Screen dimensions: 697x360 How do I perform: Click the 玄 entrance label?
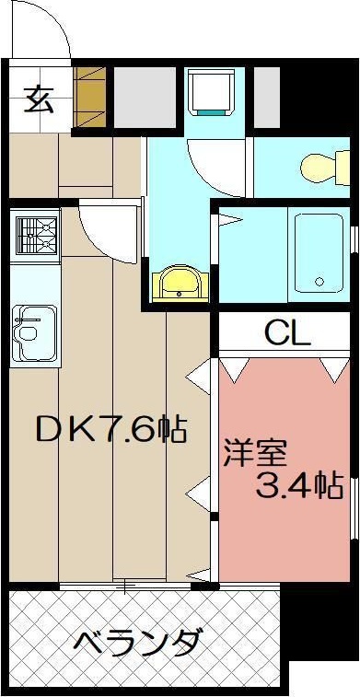tap(38, 98)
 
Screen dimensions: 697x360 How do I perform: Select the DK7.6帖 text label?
tap(110, 429)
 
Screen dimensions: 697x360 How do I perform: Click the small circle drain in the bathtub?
tap(320, 283)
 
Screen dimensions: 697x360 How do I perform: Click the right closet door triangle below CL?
tap(333, 369)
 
